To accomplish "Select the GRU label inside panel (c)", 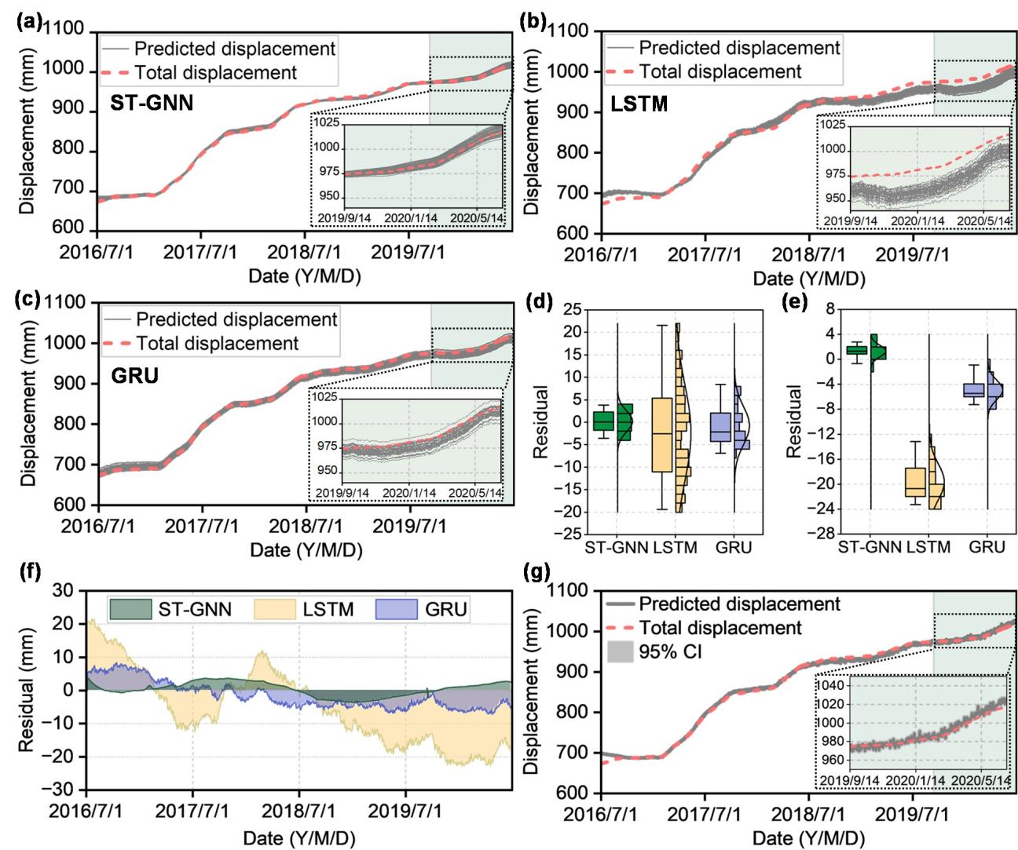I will pyautogui.click(x=135, y=375).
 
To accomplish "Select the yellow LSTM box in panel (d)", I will pyautogui.click(x=662, y=434).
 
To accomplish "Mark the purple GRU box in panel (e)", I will pyautogui.click(x=974, y=389).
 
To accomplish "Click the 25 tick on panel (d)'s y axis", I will pyautogui.click(x=565, y=311).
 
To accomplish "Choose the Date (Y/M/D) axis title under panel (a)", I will pyautogui.click(x=306, y=275).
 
